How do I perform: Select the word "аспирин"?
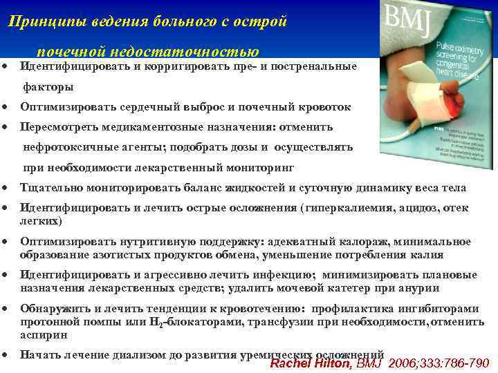pos(44,334)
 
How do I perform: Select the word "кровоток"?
pos(325,107)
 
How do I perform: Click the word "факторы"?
pos(48,88)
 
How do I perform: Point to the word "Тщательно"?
pos(49,188)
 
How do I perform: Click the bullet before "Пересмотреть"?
pos(6,128)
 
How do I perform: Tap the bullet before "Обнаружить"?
pos(6,309)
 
